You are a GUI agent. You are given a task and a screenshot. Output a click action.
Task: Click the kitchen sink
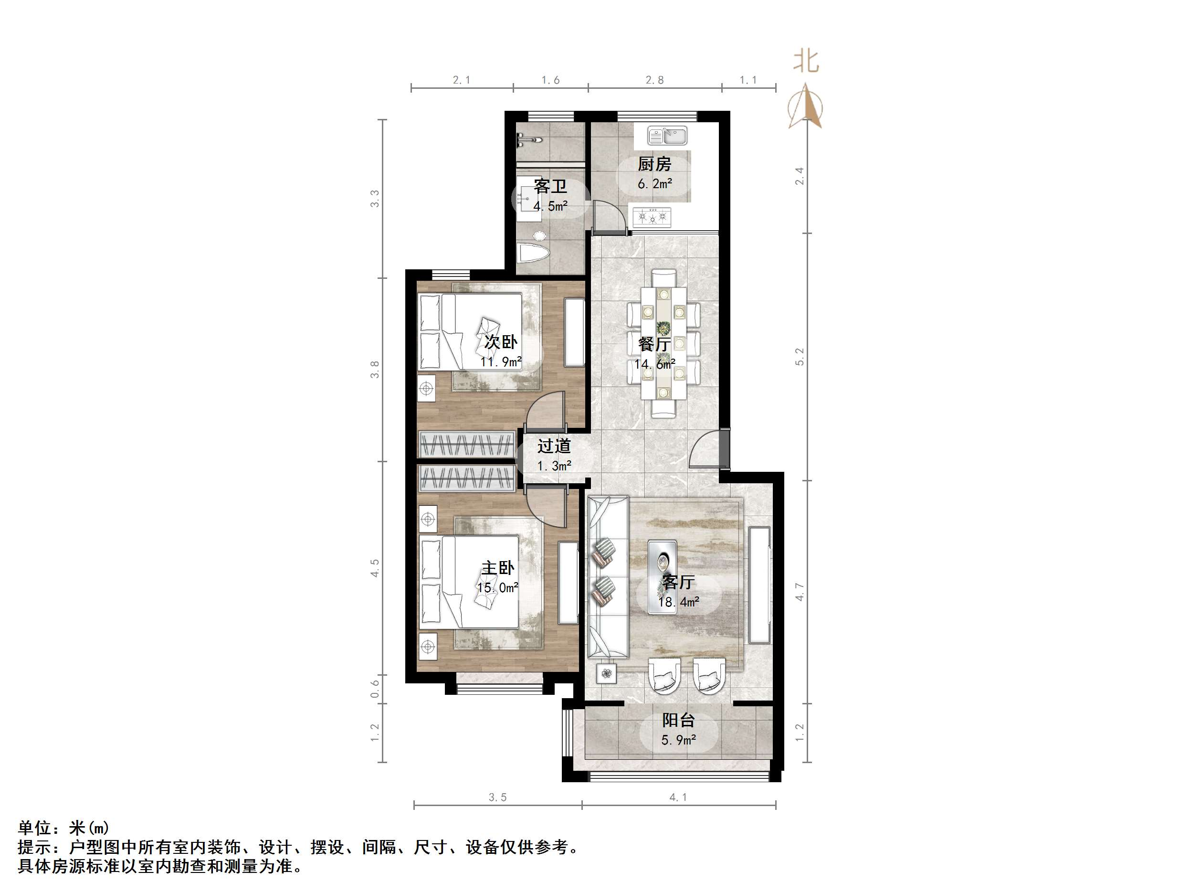667,136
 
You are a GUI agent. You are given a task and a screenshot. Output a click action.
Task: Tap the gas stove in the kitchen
652,217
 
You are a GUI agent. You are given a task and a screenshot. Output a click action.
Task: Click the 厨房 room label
654,164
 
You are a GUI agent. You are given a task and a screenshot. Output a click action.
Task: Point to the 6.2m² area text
655,184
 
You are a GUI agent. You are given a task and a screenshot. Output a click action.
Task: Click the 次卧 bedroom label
500,342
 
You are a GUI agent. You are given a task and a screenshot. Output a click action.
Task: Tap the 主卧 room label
498,568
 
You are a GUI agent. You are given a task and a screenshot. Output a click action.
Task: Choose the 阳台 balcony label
678,720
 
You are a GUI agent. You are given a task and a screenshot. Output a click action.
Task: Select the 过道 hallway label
554,446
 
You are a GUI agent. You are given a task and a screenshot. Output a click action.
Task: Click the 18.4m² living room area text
679,602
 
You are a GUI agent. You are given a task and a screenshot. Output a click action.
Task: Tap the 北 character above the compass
806,61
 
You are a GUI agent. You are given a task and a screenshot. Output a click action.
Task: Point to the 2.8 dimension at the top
655,80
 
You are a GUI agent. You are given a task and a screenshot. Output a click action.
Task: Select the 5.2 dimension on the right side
800,357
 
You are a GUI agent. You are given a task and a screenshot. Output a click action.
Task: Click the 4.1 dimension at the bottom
678,797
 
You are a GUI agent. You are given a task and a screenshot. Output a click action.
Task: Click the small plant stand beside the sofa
606,673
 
